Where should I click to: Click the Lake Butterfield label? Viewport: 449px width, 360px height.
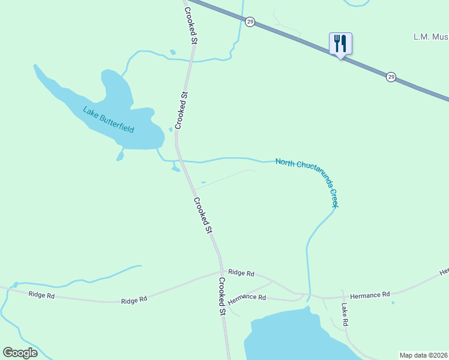click(x=108, y=120)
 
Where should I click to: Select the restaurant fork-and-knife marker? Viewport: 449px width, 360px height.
click(x=340, y=43)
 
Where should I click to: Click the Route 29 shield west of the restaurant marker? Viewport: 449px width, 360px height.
click(x=250, y=22)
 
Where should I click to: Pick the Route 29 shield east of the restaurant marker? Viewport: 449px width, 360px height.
click(x=391, y=77)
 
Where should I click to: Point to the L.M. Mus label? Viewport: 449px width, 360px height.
click(x=430, y=37)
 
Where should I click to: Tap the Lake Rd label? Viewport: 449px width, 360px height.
click(x=345, y=314)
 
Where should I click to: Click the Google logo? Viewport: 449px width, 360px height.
click(x=20, y=352)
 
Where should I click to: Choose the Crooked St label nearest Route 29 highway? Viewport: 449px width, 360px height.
click(x=190, y=27)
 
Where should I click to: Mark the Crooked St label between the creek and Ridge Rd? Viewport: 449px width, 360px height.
click(x=203, y=215)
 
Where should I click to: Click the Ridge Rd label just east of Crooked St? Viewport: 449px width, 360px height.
click(x=241, y=273)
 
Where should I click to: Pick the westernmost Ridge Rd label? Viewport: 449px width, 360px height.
click(x=41, y=295)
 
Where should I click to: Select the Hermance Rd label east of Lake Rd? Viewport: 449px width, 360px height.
click(x=370, y=294)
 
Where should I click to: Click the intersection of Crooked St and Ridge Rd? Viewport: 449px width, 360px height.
click(x=221, y=271)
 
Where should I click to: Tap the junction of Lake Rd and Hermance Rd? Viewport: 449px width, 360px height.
click(x=342, y=296)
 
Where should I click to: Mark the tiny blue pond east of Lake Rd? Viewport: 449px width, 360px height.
click(x=393, y=302)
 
